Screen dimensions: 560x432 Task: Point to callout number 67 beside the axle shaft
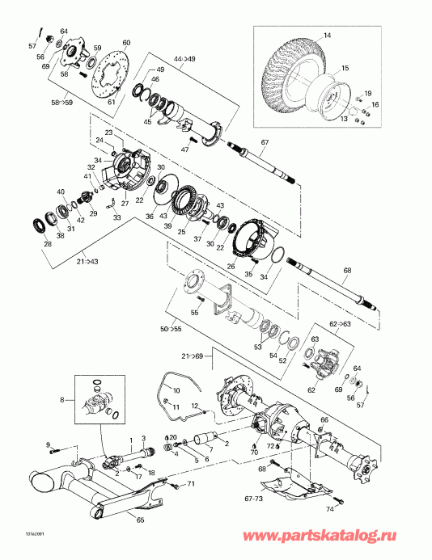(263, 142)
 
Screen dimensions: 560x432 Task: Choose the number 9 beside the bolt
(49, 444)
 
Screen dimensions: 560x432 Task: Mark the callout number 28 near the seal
(48, 244)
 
